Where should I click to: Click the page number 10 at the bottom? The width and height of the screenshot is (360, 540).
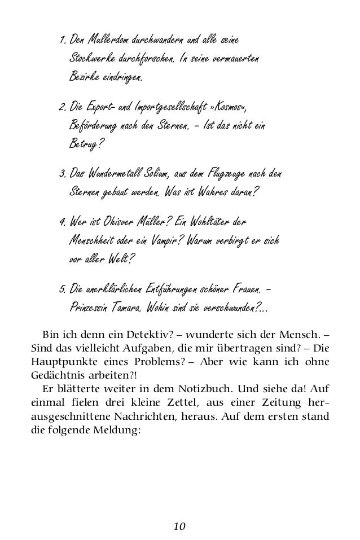pyautogui.click(x=179, y=526)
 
